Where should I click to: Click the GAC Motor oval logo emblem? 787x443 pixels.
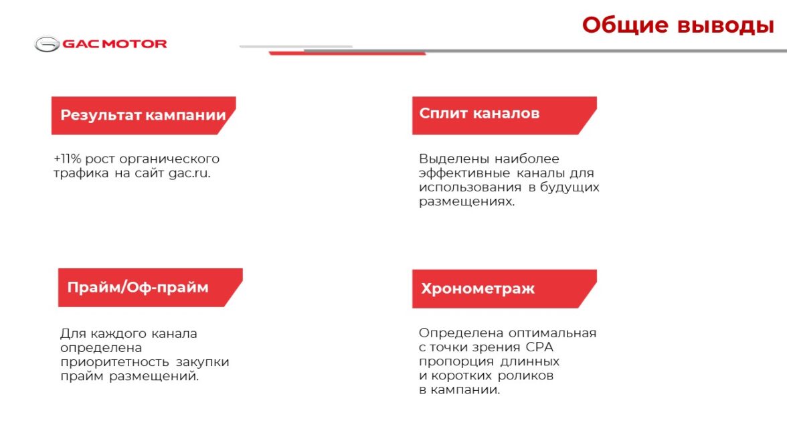tap(47, 44)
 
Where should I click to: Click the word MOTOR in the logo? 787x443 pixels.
tap(135, 44)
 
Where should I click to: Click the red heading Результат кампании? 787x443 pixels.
tap(143, 115)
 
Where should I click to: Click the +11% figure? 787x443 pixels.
tap(67, 159)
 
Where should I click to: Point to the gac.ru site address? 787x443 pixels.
tap(189, 173)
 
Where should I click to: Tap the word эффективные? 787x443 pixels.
tap(464, 173)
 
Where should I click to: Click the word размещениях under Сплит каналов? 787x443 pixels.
tap(467, 201)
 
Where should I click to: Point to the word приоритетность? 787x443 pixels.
tap(114, 362)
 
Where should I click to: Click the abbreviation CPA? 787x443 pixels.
tap(539, 347)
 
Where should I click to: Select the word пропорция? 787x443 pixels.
tap(456, 362)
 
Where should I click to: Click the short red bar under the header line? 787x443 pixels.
tap(347, 53)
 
